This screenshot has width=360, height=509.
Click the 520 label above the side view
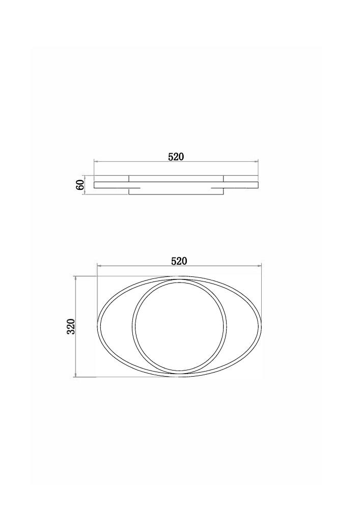[x=176, y=157]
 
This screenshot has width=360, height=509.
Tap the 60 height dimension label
[x=80, y=185]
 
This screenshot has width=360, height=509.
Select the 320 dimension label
[x=71, y=327]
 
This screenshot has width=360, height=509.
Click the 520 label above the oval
[x=180, y=261]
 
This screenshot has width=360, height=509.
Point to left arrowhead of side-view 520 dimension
[x=95, y=161]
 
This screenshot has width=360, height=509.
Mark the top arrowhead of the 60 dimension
[x=85, y=177]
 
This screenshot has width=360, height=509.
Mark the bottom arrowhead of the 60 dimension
[x=85, y=193]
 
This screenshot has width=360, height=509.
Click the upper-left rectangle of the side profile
[x=112, y=179]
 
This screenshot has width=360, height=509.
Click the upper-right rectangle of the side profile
[x=241, y=179]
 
